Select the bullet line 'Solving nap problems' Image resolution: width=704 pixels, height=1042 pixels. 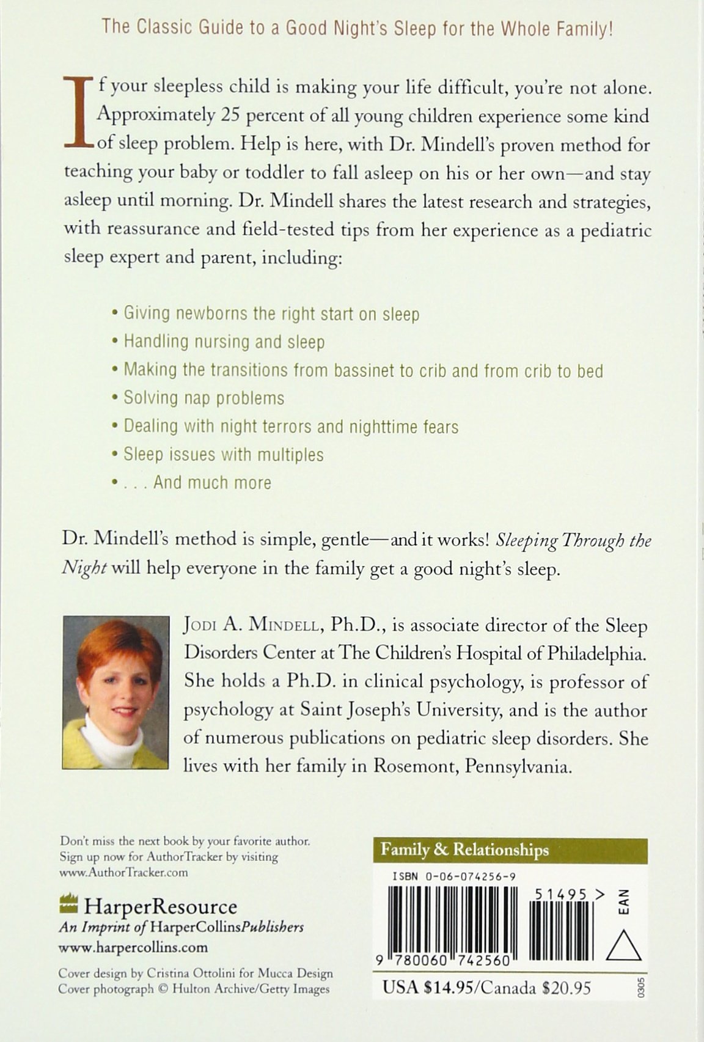click(x=204, y=398)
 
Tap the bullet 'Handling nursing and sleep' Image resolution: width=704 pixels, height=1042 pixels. click(x=224, y=342)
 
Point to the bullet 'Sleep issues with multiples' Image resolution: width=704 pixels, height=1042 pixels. click(x=223, y=455)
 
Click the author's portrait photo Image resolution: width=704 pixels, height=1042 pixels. click(x=116, y=692)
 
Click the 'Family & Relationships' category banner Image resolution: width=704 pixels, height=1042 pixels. click(x=464, y=850)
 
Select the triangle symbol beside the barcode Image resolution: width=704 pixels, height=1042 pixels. click(x=623, y=946)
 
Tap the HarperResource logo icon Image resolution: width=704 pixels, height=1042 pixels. click(x=69, y=903)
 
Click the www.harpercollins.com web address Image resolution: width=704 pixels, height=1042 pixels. click(x=133, y=948)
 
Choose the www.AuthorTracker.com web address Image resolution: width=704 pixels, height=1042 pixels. click(x=123, y=872)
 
